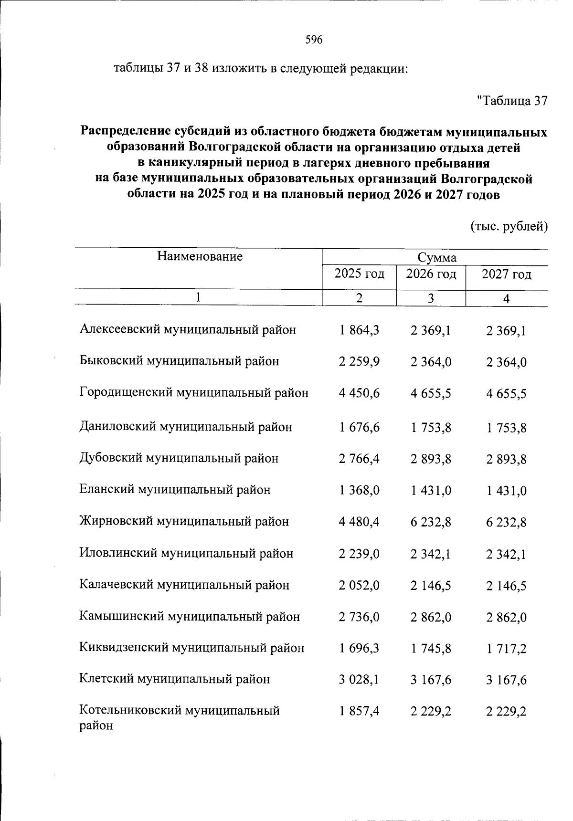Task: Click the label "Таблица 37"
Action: click(x=512, y=101)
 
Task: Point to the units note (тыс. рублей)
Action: click(x=509, y=226)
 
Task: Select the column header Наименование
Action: click(x=200, y=257)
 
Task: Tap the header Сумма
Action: click(x=437, y=258)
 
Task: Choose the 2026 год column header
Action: click(x=431, y=274)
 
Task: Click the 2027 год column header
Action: click(x=506, y=274)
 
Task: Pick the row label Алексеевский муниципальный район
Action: click(x=188, y=330)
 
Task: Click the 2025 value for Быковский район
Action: click(x=359, y=362)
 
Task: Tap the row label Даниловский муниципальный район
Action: click(x=185, y=427)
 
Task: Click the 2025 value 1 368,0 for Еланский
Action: click(x=359, y=490)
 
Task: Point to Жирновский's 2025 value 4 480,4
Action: click(x=359, y=522)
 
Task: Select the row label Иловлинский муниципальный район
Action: click(x=186, y=554)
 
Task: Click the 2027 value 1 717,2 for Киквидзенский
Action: click(x=506, y=649)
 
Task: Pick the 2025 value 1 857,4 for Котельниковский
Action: click(x=359, y=712)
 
